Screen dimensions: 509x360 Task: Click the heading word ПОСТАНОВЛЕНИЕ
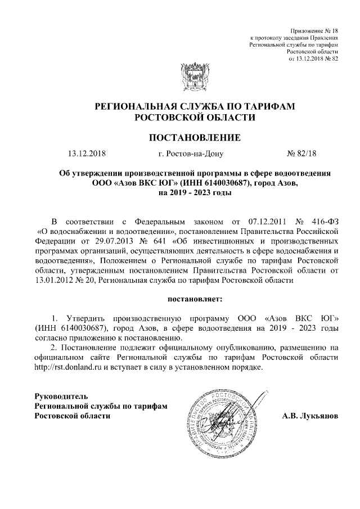pyautogui.click(x=195, y=137)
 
